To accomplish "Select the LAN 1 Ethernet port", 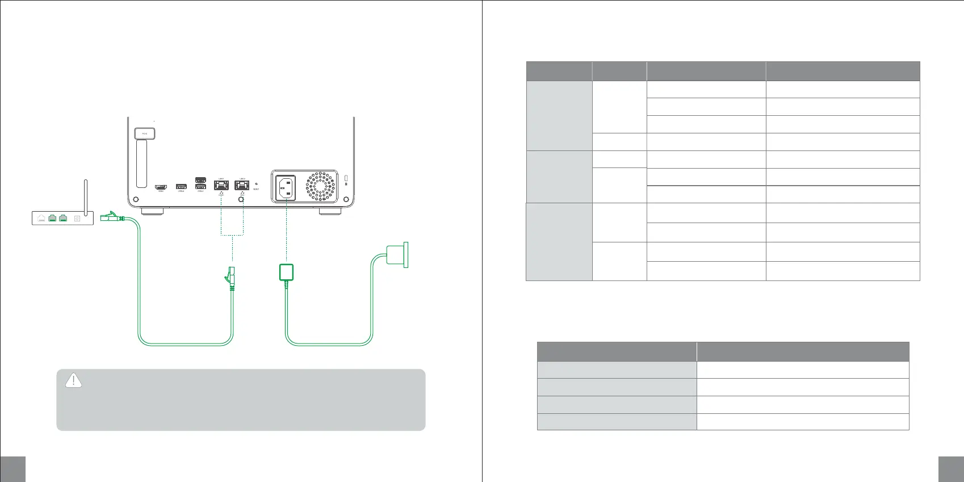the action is click(x=221, y=185).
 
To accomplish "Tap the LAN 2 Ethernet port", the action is click(x=242, y=185).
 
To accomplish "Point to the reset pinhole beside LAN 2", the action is click(x=257, y=184).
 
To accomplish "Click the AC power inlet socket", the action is click(x=286, y=187).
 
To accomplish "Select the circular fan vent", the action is click(x=321, y=186).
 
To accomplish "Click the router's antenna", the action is click(x=86, y=196).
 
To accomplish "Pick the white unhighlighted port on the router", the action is click(x=41, y=217).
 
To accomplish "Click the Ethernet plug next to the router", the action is click(x=111, y=216).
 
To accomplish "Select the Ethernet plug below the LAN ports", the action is click(x=230, y=276).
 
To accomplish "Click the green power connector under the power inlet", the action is click(x=286, y=273).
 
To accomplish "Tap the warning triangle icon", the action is click(x=73, y=380).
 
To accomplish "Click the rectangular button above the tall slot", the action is click(x=145, y=133).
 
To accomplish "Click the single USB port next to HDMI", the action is click(x=181, y=187).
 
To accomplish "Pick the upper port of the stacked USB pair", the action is click(x=200, y=180).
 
